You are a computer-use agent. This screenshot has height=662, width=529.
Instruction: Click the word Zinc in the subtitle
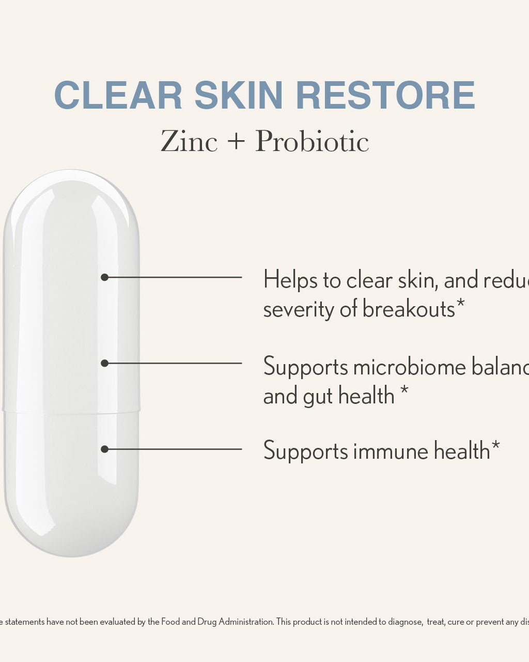point(189,141)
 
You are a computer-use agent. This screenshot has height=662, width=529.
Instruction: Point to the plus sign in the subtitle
point(236,141)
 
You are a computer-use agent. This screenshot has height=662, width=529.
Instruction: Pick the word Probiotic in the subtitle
point(312,141)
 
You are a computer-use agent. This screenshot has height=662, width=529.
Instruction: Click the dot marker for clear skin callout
point(104,277)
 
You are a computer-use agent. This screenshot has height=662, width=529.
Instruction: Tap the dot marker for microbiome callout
point(104,363)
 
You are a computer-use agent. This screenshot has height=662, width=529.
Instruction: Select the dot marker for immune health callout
point(104,449)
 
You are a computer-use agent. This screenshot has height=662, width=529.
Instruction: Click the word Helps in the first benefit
point(290,280)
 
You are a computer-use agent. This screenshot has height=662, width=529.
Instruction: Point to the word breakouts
point(409,309)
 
